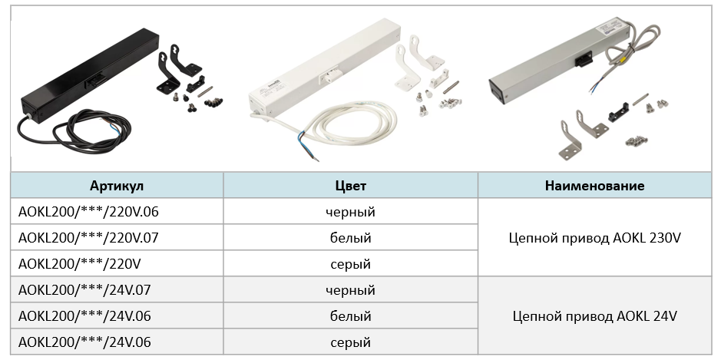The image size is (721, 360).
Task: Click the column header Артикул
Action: pyautogui.click(x=117, y=186)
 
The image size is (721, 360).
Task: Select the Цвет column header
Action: pyautogui.click(x=350, y=186)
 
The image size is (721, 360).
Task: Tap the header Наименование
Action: pyautogui.click(x=594, y=186)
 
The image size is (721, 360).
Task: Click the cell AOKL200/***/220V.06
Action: pyautogui.click(x=88, y=212)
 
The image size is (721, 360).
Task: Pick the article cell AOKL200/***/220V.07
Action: pyautogui.click(x=88, y=238)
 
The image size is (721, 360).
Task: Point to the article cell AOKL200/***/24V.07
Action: pyautogui.click(x=84, y=290)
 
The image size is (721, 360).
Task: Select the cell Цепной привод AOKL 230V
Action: pyautogui.click(x=594, y=238)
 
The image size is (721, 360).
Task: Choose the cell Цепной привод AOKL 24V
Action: pyautogui.click(x=594, y=316)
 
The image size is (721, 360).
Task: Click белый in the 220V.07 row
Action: pyautogui.click(x=350, y=238)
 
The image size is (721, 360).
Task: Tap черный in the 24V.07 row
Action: pyautogui.click(x=350, y=290)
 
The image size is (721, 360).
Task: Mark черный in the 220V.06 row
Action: pyautogui.click(x=350, y=212)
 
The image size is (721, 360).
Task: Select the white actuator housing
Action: pyautogui.click(x=324, y=68)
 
